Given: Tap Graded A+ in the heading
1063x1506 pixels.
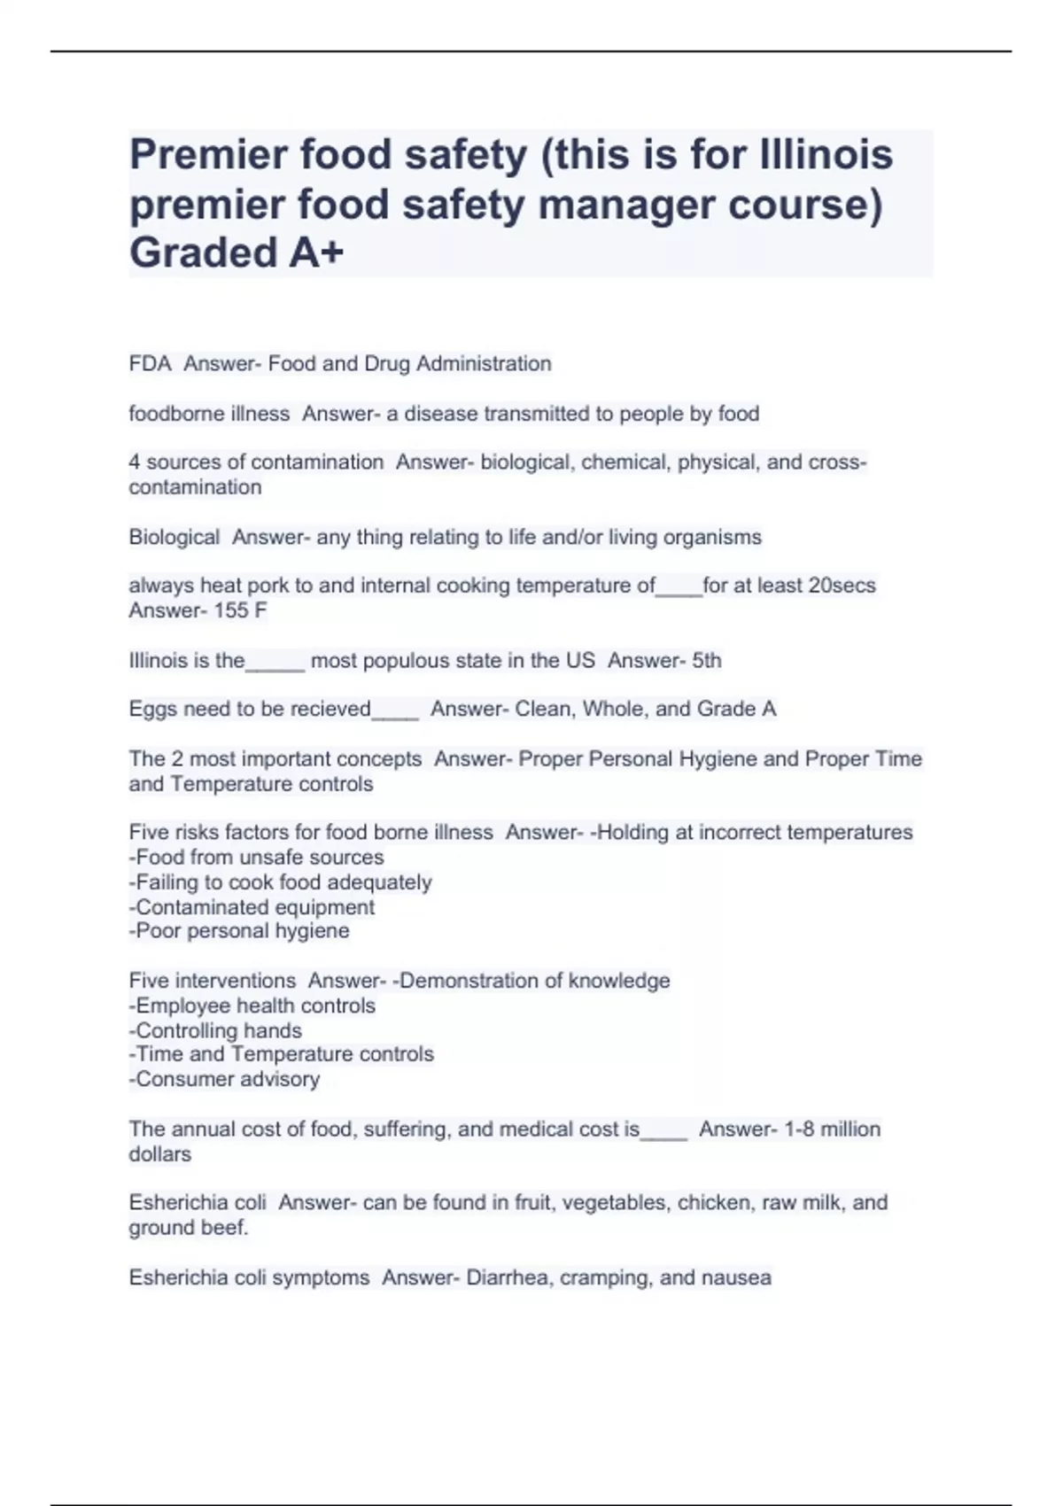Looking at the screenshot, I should [237, 252].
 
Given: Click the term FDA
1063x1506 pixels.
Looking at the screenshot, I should [150, 364].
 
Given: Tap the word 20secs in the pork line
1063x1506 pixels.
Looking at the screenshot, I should [842, 586].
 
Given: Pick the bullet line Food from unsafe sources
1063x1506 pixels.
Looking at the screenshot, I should [257, 858].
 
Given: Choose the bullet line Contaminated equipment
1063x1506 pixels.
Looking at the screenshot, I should [252, 907].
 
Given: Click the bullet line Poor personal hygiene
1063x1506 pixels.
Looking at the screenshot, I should [239, 931].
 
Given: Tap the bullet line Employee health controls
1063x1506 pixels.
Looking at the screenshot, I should [252, 1006].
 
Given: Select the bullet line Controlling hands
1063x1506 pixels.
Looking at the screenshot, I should [215, 1031].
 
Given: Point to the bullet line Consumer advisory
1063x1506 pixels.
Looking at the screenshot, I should [224, 1079].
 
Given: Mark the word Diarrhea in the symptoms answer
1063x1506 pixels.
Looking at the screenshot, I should [507, 1278].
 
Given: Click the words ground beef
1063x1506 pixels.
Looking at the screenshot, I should [188, 1228].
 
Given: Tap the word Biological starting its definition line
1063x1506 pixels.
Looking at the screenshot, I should [174, 538].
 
